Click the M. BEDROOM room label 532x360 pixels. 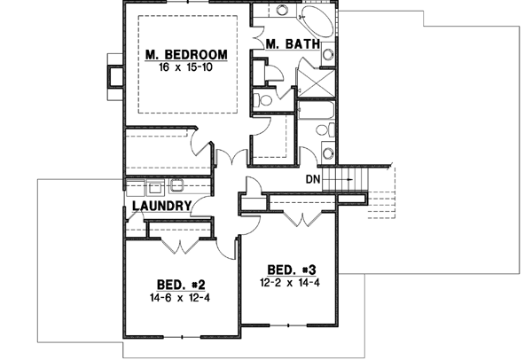(186, 56)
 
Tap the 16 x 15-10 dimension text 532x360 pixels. (186, 67)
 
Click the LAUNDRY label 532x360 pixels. (161, 207)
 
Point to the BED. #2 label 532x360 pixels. (182, 285)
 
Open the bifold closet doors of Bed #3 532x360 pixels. (302, 215)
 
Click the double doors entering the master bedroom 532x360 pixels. (231, 160)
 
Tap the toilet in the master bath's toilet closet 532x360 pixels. (262, 98)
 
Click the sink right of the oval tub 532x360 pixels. (328, 56)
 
